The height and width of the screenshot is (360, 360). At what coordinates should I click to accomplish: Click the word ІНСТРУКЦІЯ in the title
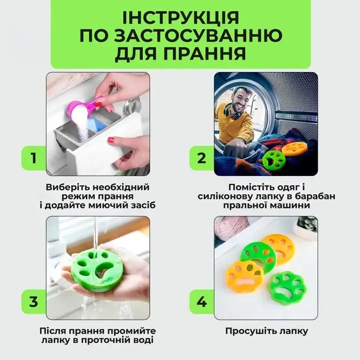[x=181, y=18]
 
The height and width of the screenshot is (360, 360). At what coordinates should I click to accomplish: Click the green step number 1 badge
[x=34, y=158]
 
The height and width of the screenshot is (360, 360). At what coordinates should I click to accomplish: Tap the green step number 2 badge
[x=202, y=158]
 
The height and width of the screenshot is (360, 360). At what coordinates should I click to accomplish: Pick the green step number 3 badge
[x=34, y=302]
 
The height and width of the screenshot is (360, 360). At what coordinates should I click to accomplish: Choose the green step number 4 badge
[x=202, y=302]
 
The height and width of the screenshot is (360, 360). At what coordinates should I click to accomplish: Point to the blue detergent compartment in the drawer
[x=97, y=125]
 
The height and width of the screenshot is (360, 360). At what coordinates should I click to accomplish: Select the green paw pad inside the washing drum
[x=274, y=161]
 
